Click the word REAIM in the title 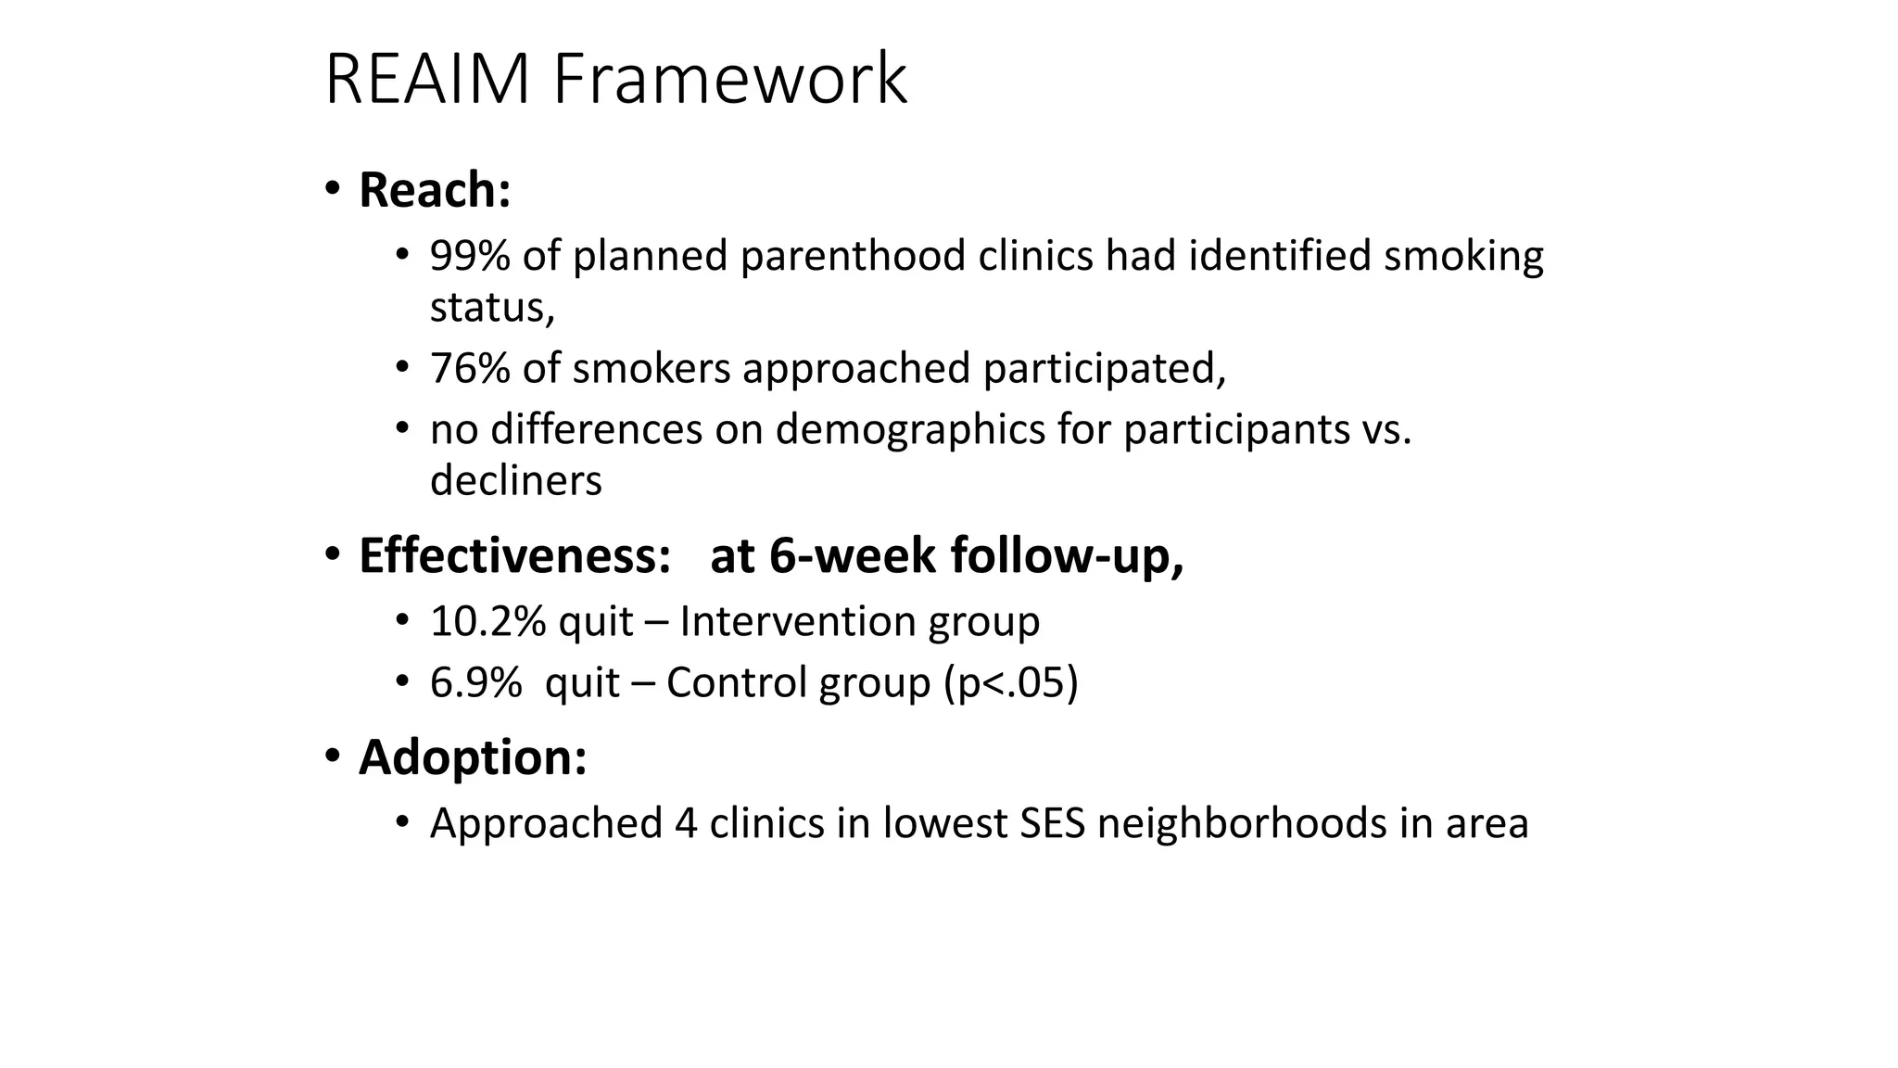(x=427, y=80)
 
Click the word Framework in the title (x=730, y=80)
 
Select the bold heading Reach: (x=435, y=190)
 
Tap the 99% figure (x=469, y=256)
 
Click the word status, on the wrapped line (x=492, y=308)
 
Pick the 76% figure (x=469, y=368)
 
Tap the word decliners (x=515, y=480)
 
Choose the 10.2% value (x=487, y=621)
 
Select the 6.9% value (x=475, y=682)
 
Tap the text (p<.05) (x=1011, y=683)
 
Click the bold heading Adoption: (x=473, y=757)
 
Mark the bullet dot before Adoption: (x=333, y=756)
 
